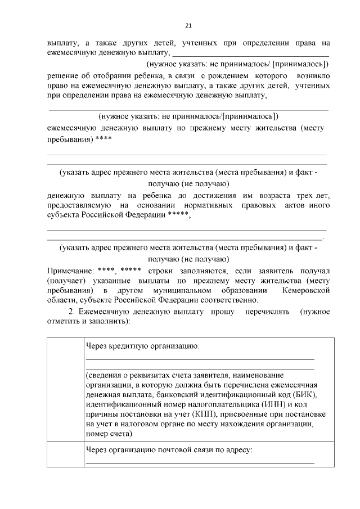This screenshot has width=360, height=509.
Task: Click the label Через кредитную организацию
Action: point(142,345)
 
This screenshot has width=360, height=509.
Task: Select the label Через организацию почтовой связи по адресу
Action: point(169,450)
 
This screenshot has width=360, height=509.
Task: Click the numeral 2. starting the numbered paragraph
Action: point(71,311)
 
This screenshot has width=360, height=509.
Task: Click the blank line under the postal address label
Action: point(200,463)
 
